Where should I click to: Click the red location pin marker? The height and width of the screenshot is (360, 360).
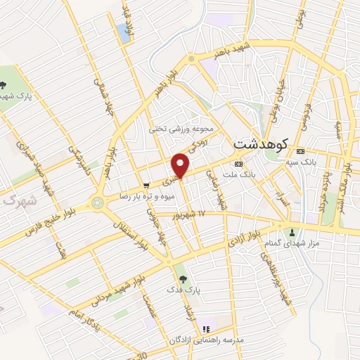pyautogui.click(x=181, y=165)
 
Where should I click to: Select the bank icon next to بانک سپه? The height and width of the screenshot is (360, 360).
pyautogui.click(x=301, y=151)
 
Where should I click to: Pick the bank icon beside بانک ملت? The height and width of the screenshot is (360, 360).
pyautogui.click(x=238, y=162)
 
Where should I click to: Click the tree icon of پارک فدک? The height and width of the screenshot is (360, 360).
pyautogui.click(x=184, y=279)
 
